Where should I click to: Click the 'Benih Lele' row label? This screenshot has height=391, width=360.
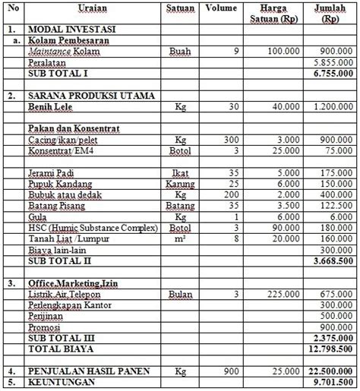52,109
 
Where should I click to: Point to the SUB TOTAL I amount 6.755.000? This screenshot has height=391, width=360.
331,76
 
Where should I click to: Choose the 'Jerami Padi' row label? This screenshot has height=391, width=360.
52,173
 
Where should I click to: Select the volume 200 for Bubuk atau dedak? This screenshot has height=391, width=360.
218,194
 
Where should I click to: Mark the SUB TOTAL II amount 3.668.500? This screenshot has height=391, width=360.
331,260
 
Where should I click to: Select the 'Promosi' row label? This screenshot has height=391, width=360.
45,326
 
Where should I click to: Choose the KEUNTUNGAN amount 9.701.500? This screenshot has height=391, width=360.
331,382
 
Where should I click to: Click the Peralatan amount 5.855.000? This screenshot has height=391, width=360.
331,65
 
